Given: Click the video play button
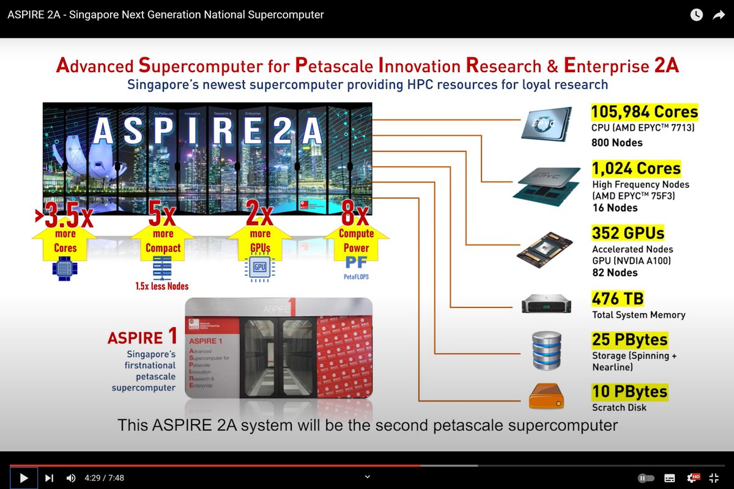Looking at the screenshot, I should pyautogui.click(x=24, y=478).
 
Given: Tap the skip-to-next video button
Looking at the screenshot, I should pyautogui.click(x=50, y=478).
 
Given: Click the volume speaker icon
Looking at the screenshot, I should pyautogui.click(x=71, y=478).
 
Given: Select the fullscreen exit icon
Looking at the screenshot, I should pyautogui.click(x=714, y=478).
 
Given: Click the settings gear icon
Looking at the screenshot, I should pyautogui.click(x=692, y=478).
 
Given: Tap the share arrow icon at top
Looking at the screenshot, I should pyautogui.click(x=718, y=15).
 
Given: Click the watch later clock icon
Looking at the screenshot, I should pyautogui.click(x=697, y=15).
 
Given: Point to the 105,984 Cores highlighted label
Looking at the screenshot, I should pyautogui.click(x=644, y=112).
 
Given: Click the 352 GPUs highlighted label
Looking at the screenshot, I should pyautogui.click(x=628, y=233).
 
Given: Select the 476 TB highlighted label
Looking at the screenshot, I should pyautogui.click(x=618, y=299).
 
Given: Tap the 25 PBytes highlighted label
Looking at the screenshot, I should pyautogui.click(x=629, y=339).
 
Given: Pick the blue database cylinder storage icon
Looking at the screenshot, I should pyautogui.click(x=546, y=350).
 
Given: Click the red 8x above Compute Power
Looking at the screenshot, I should pyautogui.click(x=355, y=215).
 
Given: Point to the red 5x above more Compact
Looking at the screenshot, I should pyautogui.click(x=162, y=215).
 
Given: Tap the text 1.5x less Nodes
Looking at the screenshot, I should pyautogui.click(x=162, y=286).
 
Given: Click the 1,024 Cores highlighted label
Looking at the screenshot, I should pyautogui.click(x=636, y=169).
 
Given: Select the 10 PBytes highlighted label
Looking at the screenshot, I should pyautogui.click(x=629, y=391).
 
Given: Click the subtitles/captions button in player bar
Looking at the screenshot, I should pyautogui.click(x=670, y=478).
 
